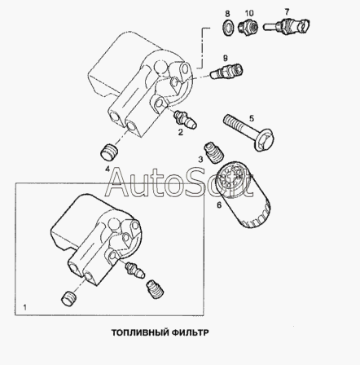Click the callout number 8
click(x=227, y=14)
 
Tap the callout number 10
click(x=249, y=13)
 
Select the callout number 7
click(x=287, y=11)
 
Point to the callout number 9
click(x=225, y=58)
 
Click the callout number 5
click(x=252, y=118)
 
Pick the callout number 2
click(x=181, y=132)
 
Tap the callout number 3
click(x=200, y=160)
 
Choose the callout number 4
click(x=108, y=169)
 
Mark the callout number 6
click(x=219, y=205)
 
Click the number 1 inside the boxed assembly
click(x=25, y=307)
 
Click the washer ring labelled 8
click(x=228, y=28)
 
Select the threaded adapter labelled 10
click(x=248, y=28)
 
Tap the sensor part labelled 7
click(x=286, y=26)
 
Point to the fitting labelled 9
click(x=226, y=71)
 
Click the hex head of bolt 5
click(x=265, y=139)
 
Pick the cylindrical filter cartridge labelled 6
click(x=244, y=195)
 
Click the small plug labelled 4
click(x=109, y=152)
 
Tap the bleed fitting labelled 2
click(x=186, y=120)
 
